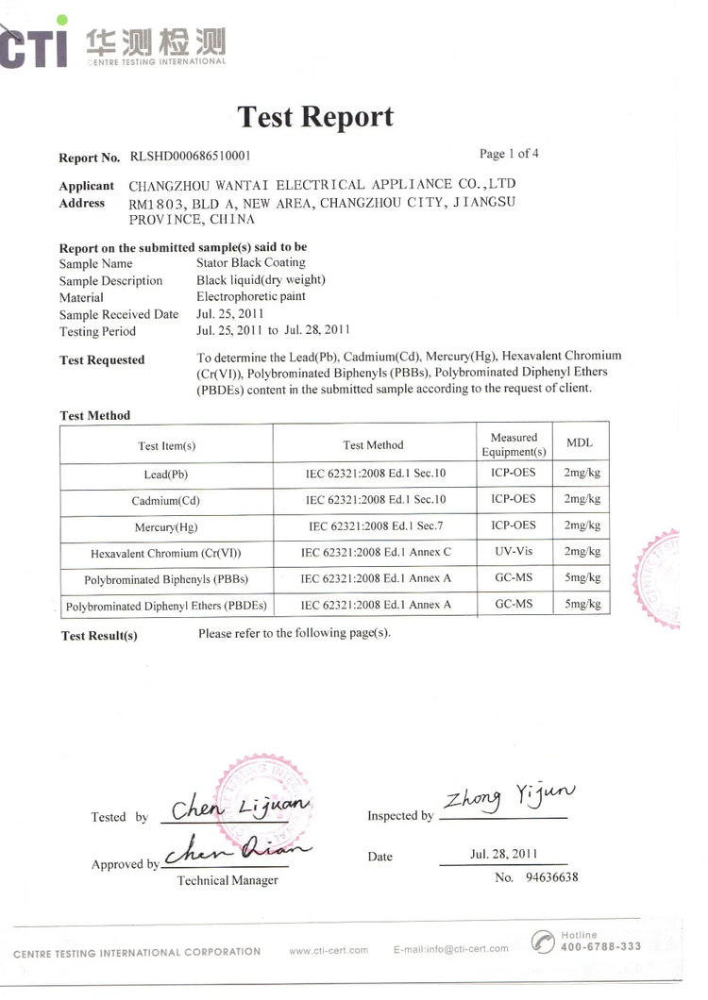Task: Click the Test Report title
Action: [315, 117]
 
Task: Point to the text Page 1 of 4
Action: [509, 154]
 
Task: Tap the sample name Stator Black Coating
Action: [250, 263]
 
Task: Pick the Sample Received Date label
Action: [118, 315]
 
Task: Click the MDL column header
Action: [580, 443]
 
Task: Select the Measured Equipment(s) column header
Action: [514, 444]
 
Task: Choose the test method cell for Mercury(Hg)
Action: [373, 526]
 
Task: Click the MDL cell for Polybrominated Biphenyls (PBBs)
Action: [582, 577]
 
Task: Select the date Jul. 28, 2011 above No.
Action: [503, 854]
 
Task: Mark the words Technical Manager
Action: [228, 880]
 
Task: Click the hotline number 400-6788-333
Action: [600, 946]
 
